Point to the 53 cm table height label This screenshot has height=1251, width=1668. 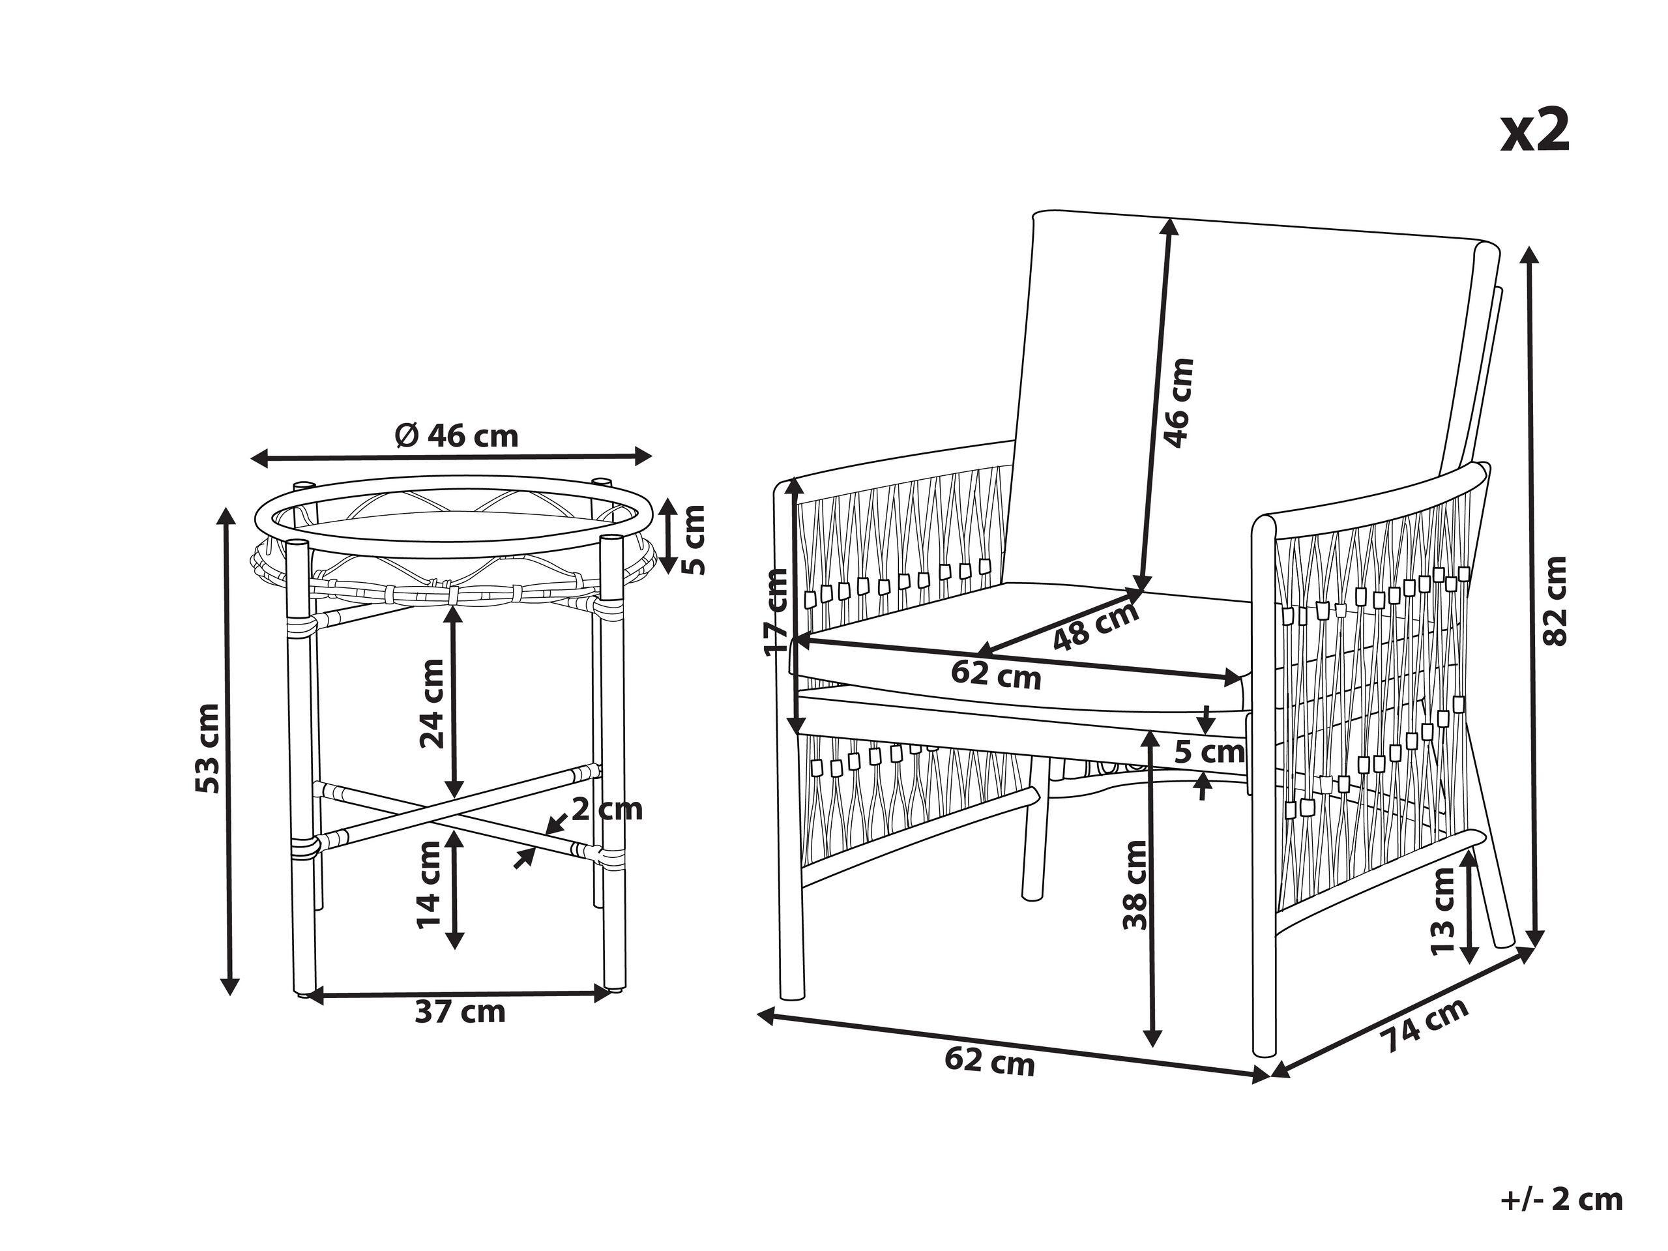[x=208, y=748]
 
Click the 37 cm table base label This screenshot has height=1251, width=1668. [x=460, y=1011]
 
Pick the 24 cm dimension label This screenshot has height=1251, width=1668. [x=432, y=703]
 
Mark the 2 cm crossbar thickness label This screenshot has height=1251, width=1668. [x=607, y=809]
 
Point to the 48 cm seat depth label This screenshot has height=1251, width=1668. [x=1096, y=626]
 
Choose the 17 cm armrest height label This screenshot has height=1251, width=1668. [x=775, y=613]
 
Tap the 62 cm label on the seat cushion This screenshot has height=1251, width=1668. [x=995, y=673]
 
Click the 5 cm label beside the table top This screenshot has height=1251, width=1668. [x=693, y=540]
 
